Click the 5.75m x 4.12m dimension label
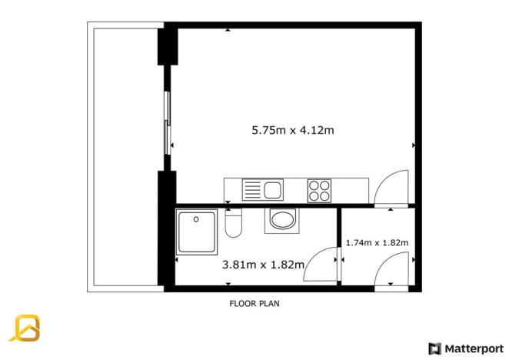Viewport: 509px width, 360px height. coord(293,130)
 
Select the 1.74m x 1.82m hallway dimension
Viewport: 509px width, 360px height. coord(377,243)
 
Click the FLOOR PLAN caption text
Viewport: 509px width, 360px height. coord(254,303)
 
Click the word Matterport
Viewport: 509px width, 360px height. coord(474,348)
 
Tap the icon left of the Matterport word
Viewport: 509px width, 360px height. coord(434,348)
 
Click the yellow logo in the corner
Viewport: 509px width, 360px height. coord(25,328)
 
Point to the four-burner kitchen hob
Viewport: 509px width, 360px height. coord(318,188)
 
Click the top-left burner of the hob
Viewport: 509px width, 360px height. coord(314,184)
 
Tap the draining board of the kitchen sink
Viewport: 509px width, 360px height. coord(252,188)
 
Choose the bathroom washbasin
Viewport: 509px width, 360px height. coord(282,221)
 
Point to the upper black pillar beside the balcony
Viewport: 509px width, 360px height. coord(165,48)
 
